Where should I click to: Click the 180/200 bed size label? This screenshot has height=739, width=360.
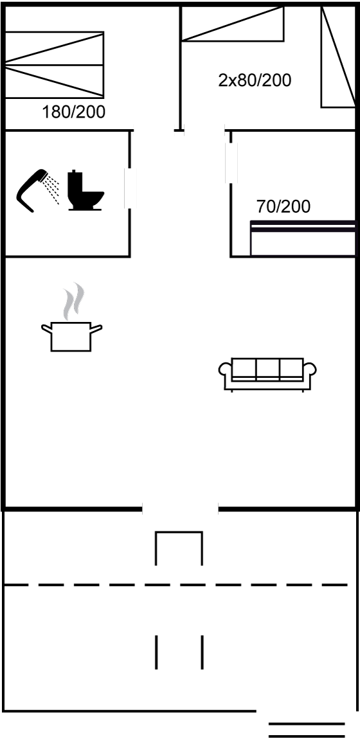click(x=73, y=112)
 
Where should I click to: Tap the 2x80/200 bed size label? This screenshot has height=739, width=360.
click(x=255, y=80)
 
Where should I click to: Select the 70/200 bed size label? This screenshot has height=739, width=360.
click(x=283, y=206)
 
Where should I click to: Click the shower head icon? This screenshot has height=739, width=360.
click(x=38, y=190)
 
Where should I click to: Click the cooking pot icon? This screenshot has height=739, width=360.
click(x=71, y=337)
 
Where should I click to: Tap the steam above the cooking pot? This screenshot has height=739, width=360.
click(x=74, y=301)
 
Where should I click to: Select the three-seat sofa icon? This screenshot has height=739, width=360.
click(x=267, y=374)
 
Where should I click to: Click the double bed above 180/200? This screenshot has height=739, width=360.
click(x=54, y=65)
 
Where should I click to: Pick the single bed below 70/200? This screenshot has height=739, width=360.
click(x=303, y=238)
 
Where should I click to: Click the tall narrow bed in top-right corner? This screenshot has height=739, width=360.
click(x=338, y=57)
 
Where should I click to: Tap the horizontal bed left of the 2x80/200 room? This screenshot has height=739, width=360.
click(x=233, y=24)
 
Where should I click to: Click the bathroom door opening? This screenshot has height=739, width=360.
click(x=130, y=188)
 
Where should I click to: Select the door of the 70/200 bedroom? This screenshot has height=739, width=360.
click(x=231, y=163)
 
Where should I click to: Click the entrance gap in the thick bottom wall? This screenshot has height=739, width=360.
click(x=180, y=508)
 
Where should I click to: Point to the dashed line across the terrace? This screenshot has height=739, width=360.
click(x=175, y=585)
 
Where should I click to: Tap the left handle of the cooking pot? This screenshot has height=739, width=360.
click(x=46, y=328)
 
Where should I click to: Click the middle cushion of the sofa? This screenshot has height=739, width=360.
click(x=267, y=369)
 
